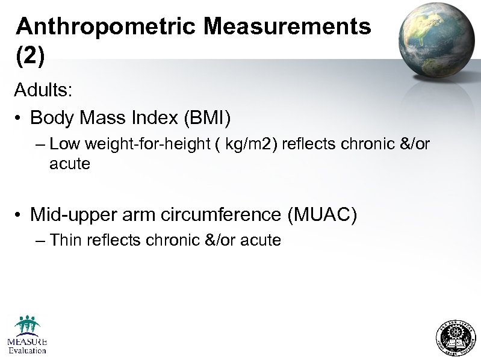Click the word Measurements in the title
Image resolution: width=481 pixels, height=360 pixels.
coord(287,26)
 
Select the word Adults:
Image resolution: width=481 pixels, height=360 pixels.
coord(44,91)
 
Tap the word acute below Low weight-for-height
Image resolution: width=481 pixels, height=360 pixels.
coord(70,163)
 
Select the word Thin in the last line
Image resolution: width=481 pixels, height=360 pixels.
coord(66,241)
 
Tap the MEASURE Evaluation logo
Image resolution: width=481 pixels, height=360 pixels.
coord(27,335)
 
